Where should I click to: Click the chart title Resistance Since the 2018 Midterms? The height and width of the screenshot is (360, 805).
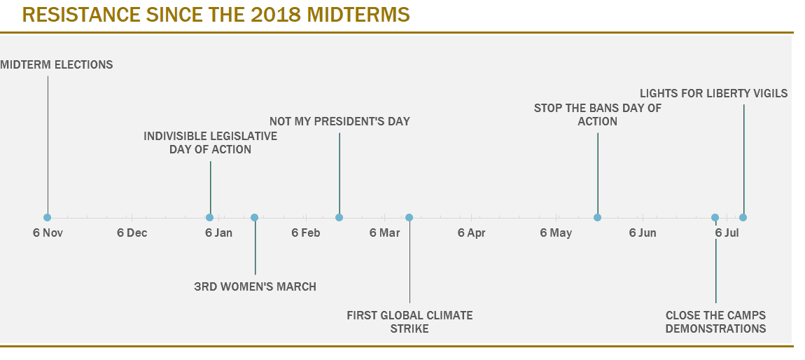(216, 15)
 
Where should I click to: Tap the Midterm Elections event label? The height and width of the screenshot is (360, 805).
(57, 64)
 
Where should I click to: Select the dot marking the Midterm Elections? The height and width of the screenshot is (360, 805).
(48, 217)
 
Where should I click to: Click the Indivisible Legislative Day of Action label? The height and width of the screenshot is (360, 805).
(210, 142)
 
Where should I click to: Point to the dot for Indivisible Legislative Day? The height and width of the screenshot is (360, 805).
(210, 217)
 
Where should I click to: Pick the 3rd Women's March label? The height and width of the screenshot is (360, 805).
(255, 286)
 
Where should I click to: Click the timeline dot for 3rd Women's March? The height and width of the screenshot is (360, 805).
(255, 217)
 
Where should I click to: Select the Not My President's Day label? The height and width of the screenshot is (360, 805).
(339, 121)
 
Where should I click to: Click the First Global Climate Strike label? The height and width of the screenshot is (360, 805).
(409, 321)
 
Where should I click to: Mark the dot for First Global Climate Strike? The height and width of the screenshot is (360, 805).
(409, 217)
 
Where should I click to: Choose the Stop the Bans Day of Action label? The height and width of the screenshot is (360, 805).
(598, 114)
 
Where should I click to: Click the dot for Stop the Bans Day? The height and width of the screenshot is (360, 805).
(598, 217)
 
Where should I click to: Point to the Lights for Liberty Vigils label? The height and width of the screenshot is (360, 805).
(713, 93)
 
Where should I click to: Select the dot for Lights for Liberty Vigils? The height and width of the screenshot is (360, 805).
(743, 217)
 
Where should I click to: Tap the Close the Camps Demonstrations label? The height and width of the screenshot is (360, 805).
(715, 321)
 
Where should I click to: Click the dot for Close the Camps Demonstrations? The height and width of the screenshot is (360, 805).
(715, 217)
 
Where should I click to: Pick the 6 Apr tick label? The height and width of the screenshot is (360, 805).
(471, 233)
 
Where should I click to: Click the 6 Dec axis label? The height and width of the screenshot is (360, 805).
(132, 233)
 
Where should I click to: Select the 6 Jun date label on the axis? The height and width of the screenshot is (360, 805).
(642, 233)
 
